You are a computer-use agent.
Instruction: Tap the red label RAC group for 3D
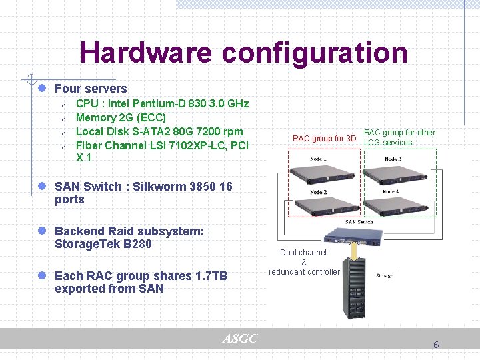pyautogui.click(x=325, y=139)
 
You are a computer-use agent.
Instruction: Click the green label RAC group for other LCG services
pyautogui.click(x=399, y=137)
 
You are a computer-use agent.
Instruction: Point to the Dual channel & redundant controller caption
pyautogui.click(x=304, y=262)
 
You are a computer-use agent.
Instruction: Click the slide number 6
pyautogui.click(x=436, y=345)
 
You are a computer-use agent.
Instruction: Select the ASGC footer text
pyautogui.click(x=239, y=339)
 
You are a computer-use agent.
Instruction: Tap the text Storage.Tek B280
pyautogui.click(x=103, y=244)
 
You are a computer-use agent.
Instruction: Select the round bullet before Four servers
pyautogui.click(x=41, y=89)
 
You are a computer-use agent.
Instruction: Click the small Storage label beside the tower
pyautogui.click(x=385, y=275)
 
